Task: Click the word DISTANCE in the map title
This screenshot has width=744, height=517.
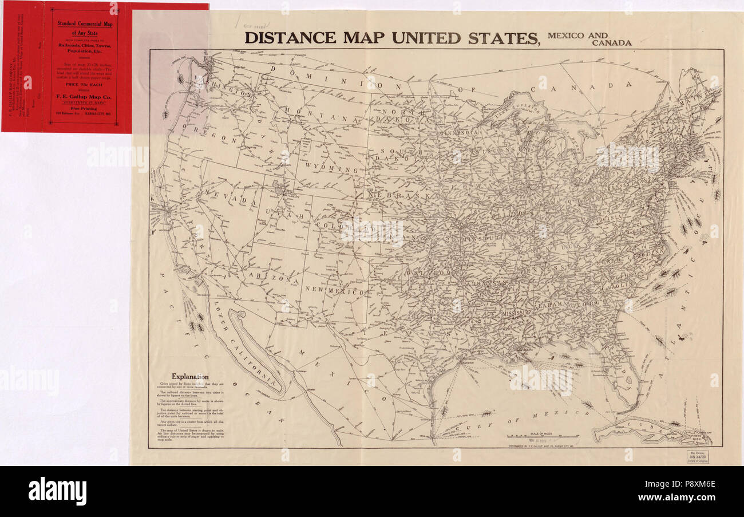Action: click(290, 38)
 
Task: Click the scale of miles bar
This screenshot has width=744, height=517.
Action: click(543, 439)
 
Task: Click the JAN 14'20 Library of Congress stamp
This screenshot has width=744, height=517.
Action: click(697, 456)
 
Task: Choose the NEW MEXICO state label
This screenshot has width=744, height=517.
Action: click(335, 291)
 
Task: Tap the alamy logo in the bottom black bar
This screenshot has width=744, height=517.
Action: click(57, 491)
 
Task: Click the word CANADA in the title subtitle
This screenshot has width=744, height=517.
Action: click(612, 43)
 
